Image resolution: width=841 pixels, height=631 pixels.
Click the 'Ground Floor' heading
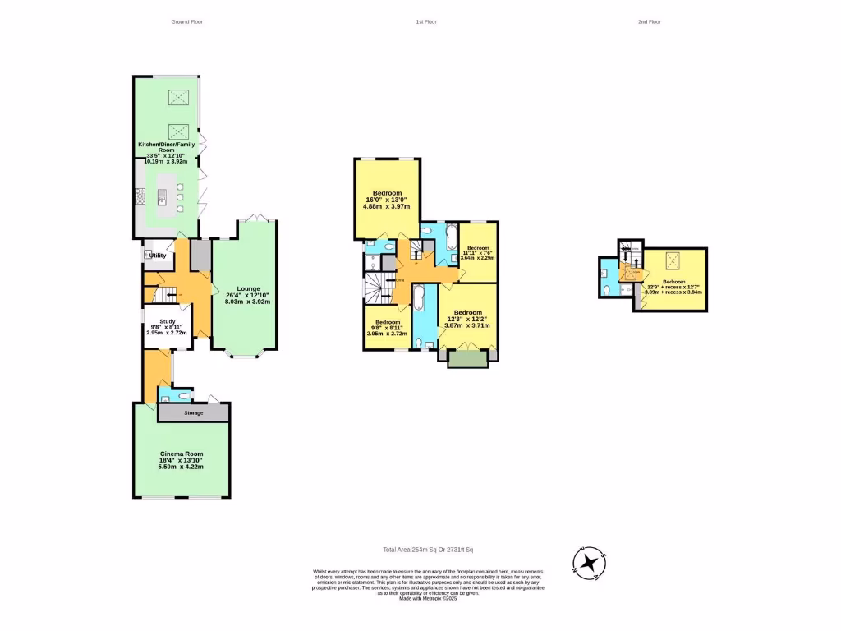186,21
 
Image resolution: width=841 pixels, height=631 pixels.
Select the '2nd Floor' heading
649,21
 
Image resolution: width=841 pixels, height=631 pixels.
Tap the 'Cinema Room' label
182,454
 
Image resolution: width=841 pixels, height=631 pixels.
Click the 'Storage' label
193,412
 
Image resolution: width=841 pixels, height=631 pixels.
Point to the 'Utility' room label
158,256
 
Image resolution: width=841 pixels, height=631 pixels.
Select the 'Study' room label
168,322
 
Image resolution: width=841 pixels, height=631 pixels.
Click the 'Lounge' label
248,288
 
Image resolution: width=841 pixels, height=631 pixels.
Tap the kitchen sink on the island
162,196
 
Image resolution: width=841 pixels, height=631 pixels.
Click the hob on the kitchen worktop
140,196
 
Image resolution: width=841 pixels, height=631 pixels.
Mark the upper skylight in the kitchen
179,98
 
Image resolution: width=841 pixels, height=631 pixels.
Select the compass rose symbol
589,564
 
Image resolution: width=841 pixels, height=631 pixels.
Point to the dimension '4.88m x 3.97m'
386,206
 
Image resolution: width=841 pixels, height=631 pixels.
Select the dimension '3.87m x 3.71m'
466,325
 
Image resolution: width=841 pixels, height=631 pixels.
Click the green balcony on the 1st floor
468,358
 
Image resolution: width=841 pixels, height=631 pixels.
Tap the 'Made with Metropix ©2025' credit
427,599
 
